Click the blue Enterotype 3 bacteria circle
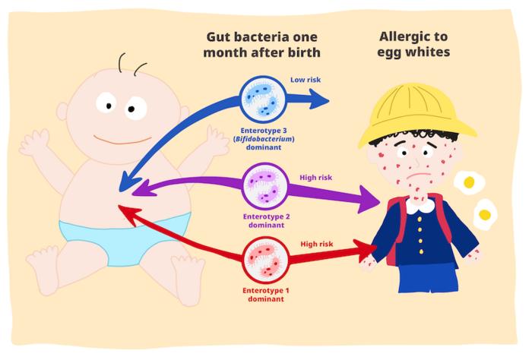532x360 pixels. pos(263,99)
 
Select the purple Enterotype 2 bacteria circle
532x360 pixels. pos(266,186)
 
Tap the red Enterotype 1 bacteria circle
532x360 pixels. pos(266,260)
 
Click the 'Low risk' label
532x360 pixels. pos(306,80)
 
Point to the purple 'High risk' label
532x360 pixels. pos(316,177)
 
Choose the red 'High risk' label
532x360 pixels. pos(317,244)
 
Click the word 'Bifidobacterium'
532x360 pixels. pos(264,139)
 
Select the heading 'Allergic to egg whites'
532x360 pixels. pos(413,44)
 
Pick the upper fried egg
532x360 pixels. pos(469,183)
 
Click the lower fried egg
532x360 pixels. pos(485,214)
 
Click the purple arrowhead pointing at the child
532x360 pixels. pos(369,200)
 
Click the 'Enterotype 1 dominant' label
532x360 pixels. pos(266,295)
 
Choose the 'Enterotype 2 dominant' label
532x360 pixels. pos(266,221)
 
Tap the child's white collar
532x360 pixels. pos(420,205)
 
